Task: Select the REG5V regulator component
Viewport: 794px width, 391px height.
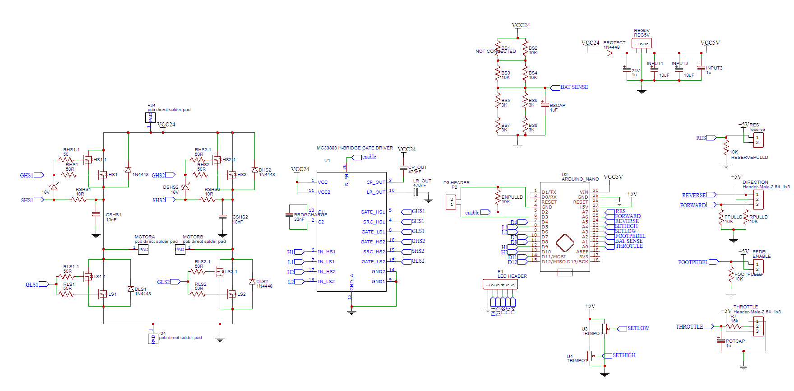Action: (641, 44)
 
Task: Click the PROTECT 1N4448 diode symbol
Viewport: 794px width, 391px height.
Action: (609, 53)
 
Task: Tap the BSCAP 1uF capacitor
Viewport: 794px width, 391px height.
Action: (545, 105)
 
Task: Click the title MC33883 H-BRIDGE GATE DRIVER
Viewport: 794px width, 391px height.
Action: (355, 148)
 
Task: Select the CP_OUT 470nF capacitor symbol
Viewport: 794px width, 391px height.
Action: (403, 168)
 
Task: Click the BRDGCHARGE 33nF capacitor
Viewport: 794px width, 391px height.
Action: (290, 215)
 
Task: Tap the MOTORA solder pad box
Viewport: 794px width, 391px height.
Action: (143, 249)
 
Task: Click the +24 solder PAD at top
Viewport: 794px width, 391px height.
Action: (150, 117)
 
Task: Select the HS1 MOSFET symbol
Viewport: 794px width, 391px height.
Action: (103, 174)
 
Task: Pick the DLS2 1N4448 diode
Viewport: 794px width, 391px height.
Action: (252, 282)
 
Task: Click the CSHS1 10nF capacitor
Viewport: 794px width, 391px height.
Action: (96, 214)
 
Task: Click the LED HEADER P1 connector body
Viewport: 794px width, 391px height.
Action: (500, 284)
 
